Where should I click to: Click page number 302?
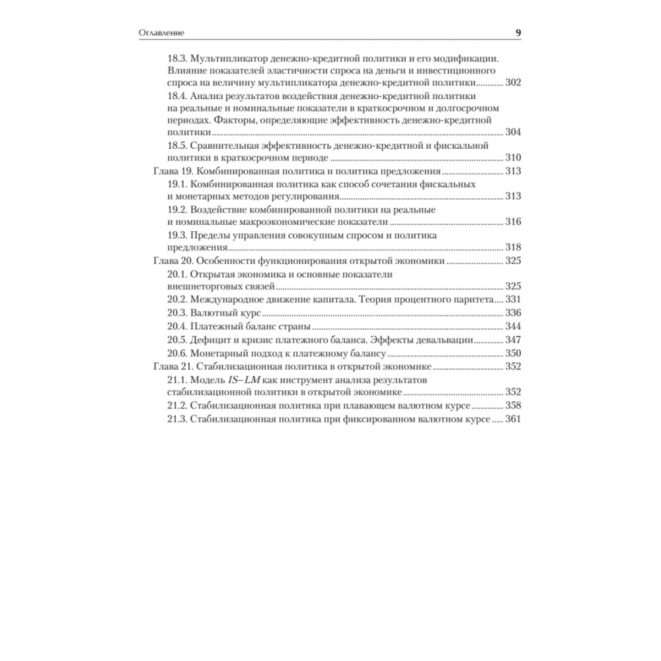click(513, 83)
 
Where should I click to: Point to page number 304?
click(513, 132)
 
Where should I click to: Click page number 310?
click(513, 157)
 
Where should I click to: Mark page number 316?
click(513, 221)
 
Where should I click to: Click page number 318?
click(513, 247)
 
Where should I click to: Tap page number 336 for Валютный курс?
click(513, 312)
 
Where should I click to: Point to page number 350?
click(513, 352)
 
